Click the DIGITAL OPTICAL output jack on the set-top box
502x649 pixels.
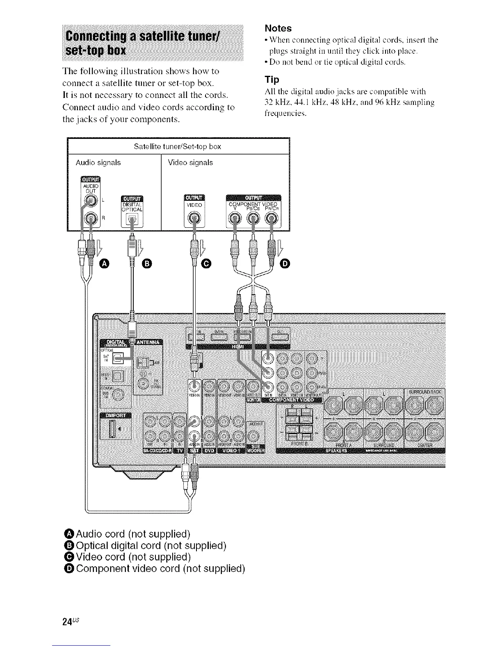(x=132, y=222)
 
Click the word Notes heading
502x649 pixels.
(x=278, y=28)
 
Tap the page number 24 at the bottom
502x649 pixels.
(x=67, y=621)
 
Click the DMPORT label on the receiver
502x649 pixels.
(x=115, y=416)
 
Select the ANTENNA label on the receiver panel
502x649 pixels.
(x=149, y=343)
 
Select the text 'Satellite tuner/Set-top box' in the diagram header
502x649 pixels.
(x=178, y=146)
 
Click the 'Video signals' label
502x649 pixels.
(x=190, y=163)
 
